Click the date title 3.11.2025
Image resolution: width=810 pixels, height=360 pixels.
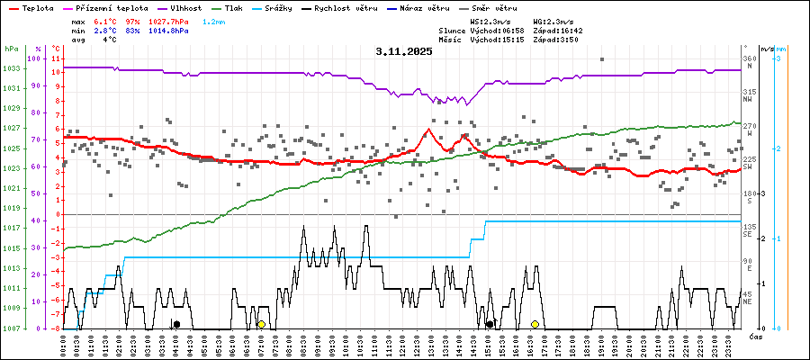[404, 51]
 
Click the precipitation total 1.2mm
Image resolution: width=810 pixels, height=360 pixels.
[214, 20]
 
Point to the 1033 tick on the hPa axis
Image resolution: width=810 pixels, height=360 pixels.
[12, 68]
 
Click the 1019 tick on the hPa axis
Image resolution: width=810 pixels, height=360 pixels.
[12, 209]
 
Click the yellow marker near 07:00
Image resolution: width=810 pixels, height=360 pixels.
[261, 324]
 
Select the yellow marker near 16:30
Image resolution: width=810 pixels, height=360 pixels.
[535, 324]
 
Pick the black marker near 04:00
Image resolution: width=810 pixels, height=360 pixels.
[176, 324]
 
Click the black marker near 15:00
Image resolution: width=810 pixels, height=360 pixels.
[490, 324]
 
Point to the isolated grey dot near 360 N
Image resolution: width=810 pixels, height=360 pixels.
[601, 59]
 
